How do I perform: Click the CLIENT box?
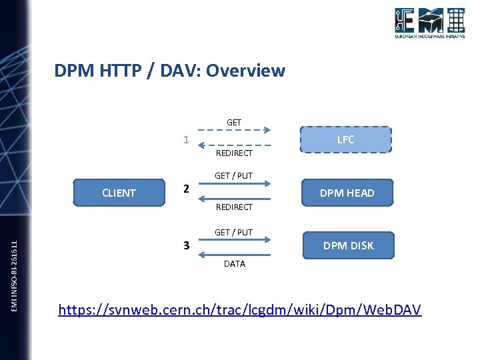[x=119, y=193]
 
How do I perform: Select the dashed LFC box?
[x=345, y=139]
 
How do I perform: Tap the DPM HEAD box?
[x=347, y=193]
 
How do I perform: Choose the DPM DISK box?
[x=348, y=245]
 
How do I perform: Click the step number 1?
[x=187, y=140]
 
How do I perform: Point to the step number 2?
[x=187, y=189]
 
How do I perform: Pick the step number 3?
[x=187, y=246]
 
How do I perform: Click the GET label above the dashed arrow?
[x=234, y=123]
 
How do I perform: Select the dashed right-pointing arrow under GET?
[x=233, y=131]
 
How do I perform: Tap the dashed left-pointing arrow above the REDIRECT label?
[x=233, y=145]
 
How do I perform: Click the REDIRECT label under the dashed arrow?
[x=234, y=153]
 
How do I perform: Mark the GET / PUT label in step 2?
[x=233, y=176]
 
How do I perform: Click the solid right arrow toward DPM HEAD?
[x=233, y=185]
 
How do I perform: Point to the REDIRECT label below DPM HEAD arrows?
[x=234, y=207]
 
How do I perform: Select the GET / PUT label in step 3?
[x=233, y=233]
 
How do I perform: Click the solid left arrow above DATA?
[x=233, y=254]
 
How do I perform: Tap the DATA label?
[x=234, y=264]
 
